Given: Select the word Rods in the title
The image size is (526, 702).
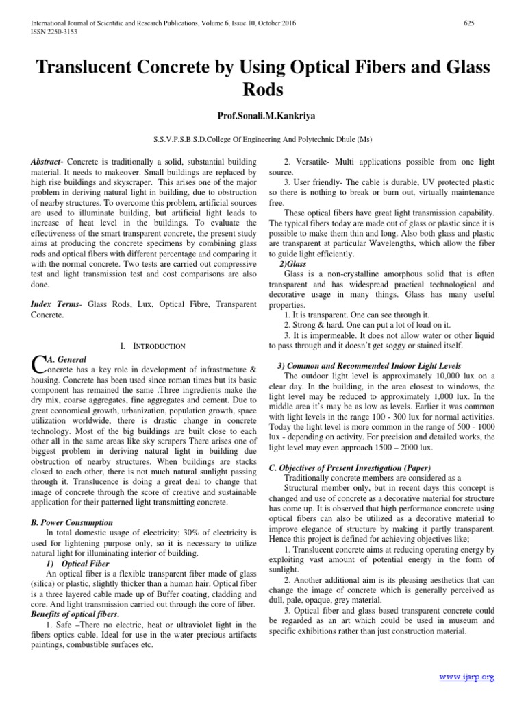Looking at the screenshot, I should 262,90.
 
